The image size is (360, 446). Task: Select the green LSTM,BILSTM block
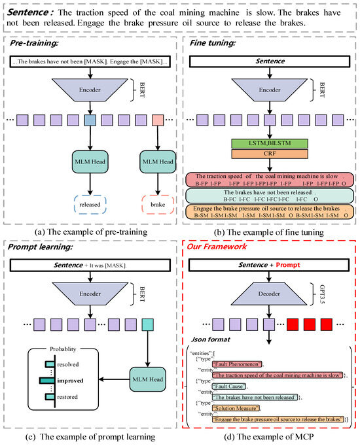tap(269, 143)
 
